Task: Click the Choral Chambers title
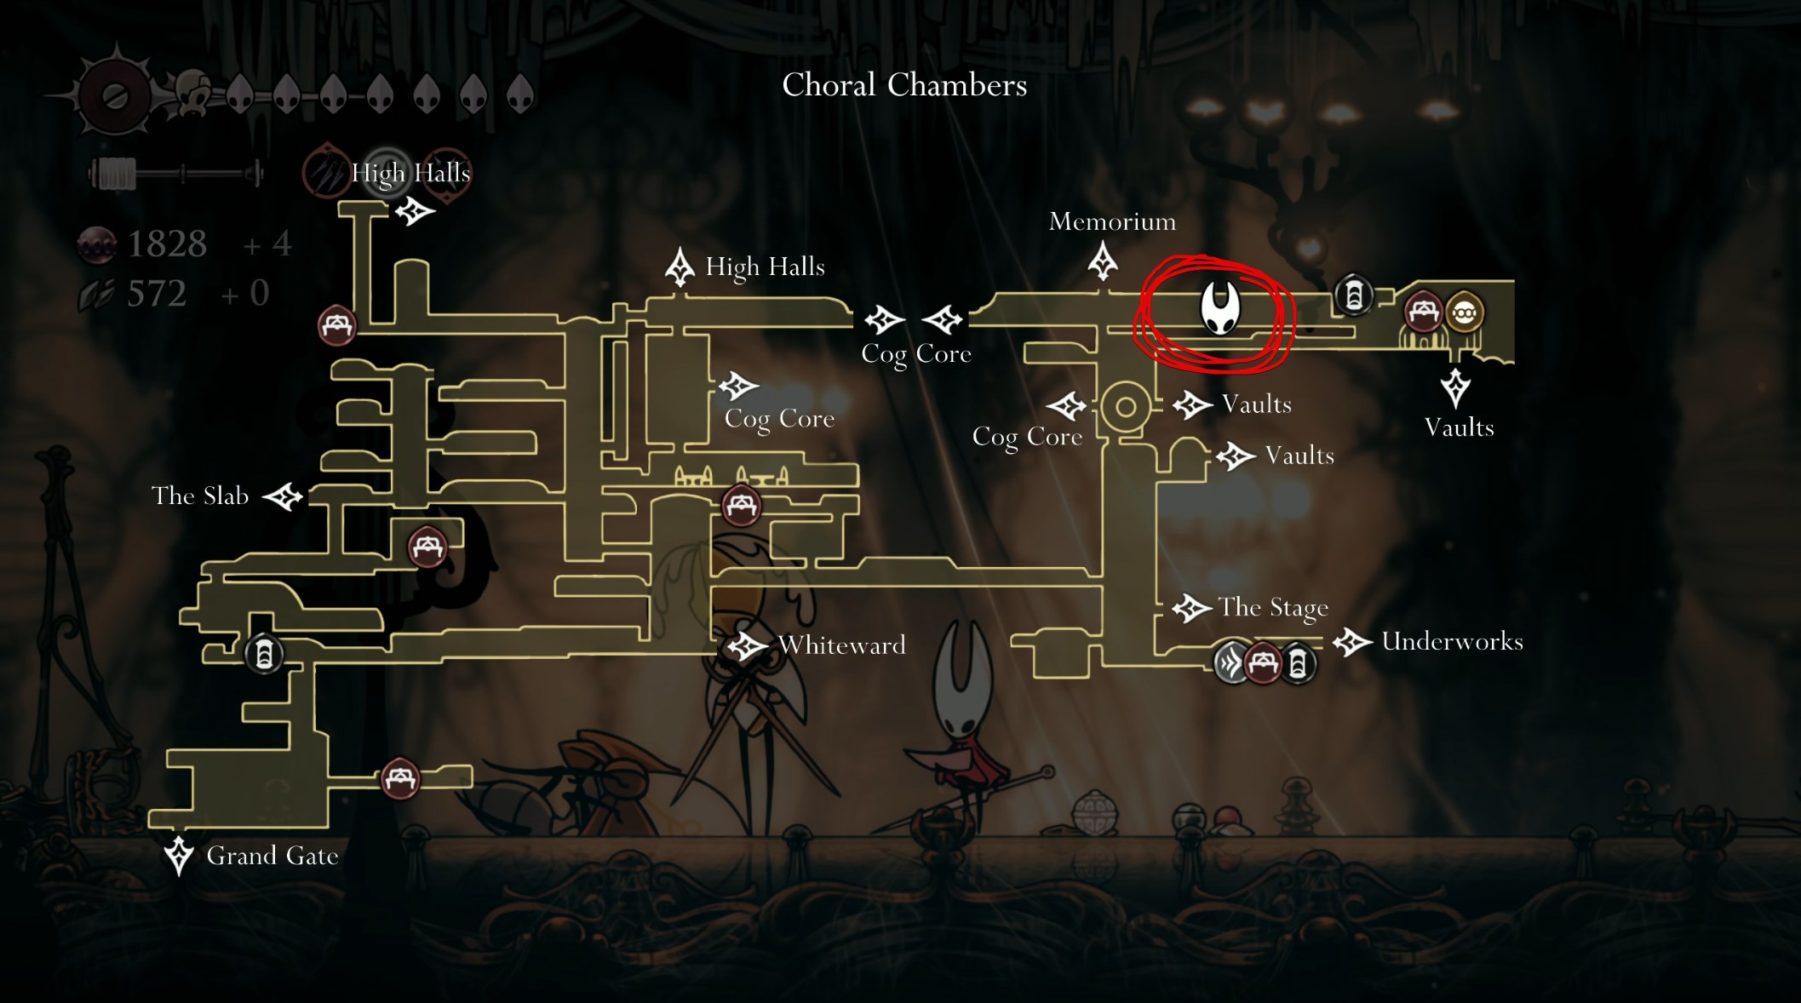(904, 85)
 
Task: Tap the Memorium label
(1112, 222)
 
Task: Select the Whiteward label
(841, 645)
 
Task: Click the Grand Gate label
(272, 856)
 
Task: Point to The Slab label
(200, 496)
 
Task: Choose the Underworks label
(1452, 641)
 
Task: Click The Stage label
(1273, 607)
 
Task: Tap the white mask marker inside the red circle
(1219, 308)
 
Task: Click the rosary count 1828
(167, 244)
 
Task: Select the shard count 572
(157, 294)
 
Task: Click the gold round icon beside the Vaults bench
(1464, 313)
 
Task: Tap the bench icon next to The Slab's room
(427, 547)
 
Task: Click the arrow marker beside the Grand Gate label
(179, 855)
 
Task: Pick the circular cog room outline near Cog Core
(1125, 407)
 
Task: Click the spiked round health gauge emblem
(115, 96)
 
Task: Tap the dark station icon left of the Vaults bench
(1353, 295)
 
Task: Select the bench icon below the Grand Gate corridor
(399, 778)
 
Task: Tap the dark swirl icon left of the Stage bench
(1230, 662)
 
